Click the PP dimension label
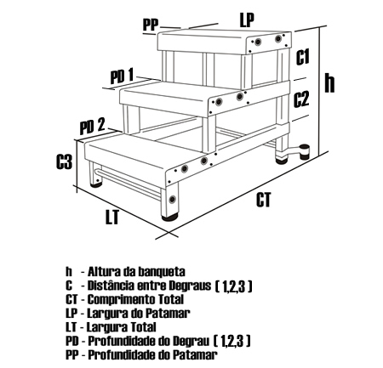point(150,25)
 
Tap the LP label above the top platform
point(247,20)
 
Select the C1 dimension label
point(303,57)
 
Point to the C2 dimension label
point(301,99)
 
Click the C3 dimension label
point(64,161)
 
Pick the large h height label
point(329,82)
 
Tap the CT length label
point(264,200)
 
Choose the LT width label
point(112,217)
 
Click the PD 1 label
point(122,76)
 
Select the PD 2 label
point(92,126)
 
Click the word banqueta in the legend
point(162,272)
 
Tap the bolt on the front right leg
point(172,199)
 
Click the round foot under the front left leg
point(96,184)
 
